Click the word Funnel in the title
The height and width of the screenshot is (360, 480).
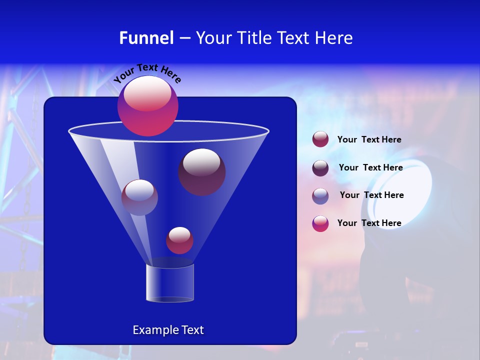click(x=146, y=38)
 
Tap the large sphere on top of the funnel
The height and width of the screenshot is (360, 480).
click(x=148, y=106)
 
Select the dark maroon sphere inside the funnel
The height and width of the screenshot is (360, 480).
click(x=201, y=172)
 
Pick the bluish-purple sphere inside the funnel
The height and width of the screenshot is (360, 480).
click(x=139, y=197)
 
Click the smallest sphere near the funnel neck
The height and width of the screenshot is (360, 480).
click(x=179, y=240)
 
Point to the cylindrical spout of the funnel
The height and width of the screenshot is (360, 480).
click(x=170, y=282)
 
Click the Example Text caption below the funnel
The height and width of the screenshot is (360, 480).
click(x=168, y=330)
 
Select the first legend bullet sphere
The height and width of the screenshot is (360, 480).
click(x=320, y=139)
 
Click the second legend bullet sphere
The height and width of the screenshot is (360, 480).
click(x=320, y=168)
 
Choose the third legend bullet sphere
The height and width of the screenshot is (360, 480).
click(x=320, y=196)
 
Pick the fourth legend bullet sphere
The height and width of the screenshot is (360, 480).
click(x=320, y=223)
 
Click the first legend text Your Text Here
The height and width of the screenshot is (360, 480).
click(x=369, y=140)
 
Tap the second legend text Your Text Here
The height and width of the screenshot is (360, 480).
click(x=370, y=168)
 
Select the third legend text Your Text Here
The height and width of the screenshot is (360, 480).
click(x=371, y=195)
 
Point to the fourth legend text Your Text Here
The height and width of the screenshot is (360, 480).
click(x=369, y=223)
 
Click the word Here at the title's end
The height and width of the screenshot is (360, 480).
click(x=335, y=38)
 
